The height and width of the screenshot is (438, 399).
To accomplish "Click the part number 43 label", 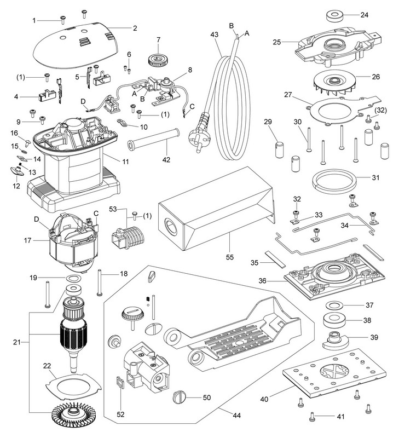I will click(x=213, y=34).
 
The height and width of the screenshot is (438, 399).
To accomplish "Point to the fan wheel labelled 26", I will click(x=334, y=82).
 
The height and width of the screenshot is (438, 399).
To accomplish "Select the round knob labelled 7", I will click(x=159, y=58).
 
